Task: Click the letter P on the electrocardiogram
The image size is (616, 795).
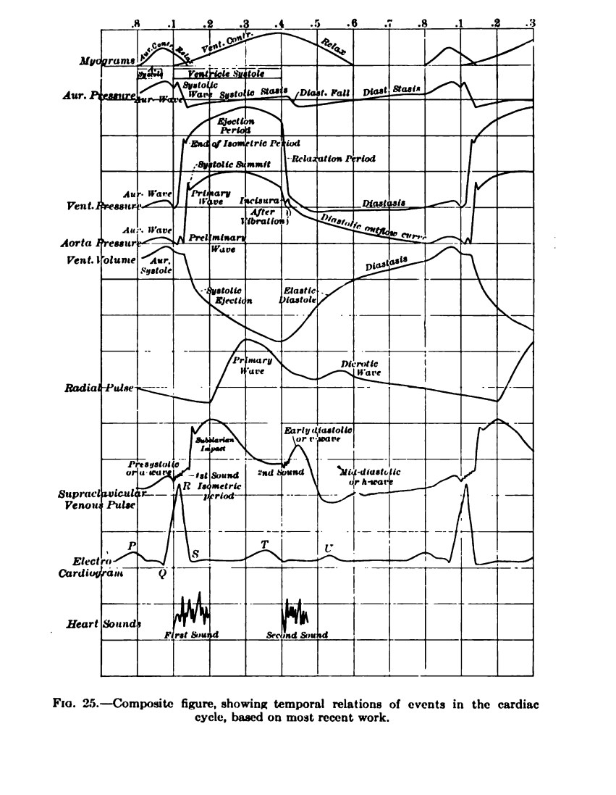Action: [x=132, y=545]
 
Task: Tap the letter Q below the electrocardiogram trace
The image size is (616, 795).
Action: [x=163, y=572]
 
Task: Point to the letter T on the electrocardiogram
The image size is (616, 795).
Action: [x=264, y=544]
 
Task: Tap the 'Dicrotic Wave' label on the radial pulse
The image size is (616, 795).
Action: [x=360, y=368]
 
